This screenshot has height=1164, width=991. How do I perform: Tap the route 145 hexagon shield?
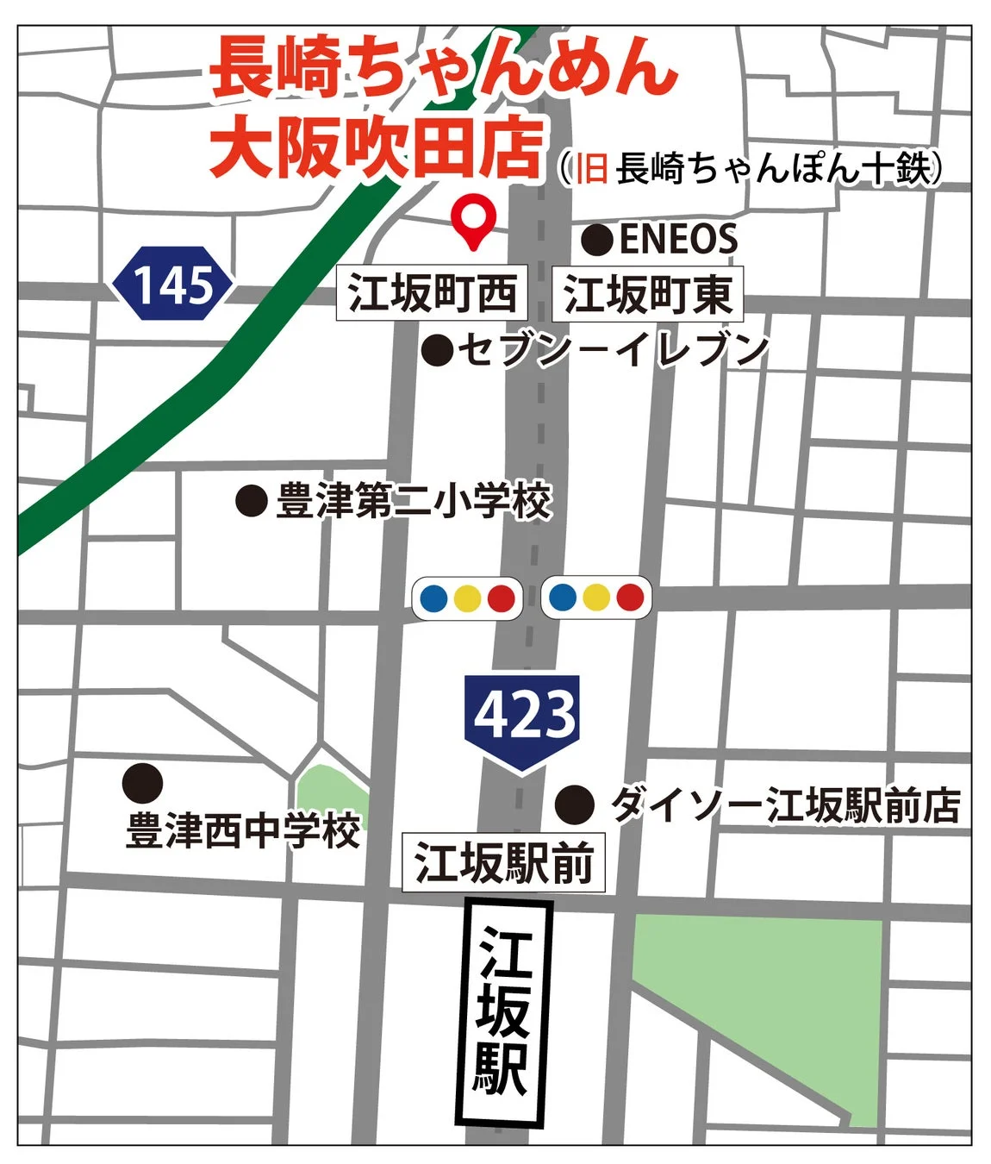173,284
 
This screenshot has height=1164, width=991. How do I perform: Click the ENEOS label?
678,239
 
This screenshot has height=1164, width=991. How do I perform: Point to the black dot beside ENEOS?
596,240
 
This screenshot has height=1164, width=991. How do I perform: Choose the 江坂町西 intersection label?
432,293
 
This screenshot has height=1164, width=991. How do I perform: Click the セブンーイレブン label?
613,349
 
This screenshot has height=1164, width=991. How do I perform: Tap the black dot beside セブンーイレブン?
438,350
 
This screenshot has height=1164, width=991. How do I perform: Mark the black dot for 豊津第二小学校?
251,500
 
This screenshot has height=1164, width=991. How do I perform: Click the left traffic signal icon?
467,598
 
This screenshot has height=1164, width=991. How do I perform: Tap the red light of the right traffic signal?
631,597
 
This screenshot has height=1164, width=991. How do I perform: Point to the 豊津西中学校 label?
243,832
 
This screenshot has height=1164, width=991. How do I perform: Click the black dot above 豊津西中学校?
142,783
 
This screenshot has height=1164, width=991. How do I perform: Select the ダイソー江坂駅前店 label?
785,805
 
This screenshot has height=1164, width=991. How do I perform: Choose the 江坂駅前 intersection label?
504,862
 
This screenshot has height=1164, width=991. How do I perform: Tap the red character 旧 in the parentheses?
591,168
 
